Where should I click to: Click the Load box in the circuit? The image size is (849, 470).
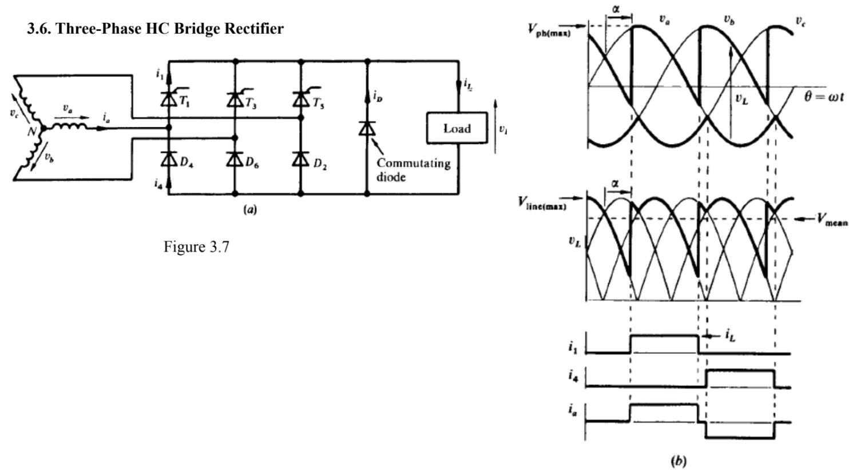point(457,128)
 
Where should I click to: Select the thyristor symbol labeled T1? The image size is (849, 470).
point(169,99)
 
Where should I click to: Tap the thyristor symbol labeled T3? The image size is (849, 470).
point(235,99)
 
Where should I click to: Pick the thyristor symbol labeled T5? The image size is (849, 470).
point(301,99)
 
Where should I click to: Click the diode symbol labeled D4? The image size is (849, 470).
point(169,160)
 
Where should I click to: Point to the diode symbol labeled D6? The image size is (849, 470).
point(235,160)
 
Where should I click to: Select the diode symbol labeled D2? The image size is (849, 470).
point(301,160)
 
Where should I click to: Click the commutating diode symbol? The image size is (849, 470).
point(367,128)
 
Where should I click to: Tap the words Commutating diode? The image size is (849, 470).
point(413,170)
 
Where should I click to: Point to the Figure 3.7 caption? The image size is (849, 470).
point(196,247)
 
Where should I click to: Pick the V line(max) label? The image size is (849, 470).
point(543,202)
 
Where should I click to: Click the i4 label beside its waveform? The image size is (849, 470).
point(573,375)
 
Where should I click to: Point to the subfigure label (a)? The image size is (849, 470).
point(250,209)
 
